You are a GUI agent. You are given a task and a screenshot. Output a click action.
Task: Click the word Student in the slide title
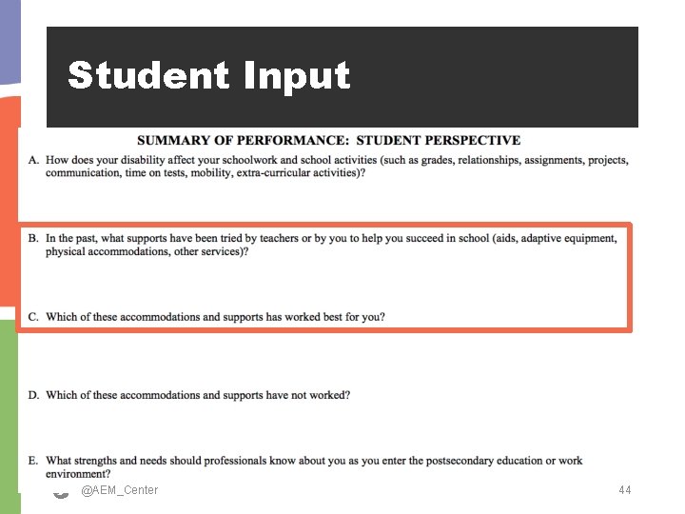point(148,76)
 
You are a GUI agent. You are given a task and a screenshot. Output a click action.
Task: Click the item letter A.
point(33,160)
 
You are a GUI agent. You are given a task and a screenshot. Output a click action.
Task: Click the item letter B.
point(33,238)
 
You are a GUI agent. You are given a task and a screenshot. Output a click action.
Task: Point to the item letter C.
point(33,317)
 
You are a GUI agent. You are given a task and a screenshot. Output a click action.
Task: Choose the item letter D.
point(33,395)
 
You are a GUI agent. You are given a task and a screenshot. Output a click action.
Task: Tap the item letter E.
point(33,461)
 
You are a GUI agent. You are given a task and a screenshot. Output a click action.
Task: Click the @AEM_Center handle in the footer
point(120,490)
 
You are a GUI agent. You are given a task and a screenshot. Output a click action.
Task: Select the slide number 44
point(624,490)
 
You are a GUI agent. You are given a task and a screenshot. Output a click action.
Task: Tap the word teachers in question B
point(273,238)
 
